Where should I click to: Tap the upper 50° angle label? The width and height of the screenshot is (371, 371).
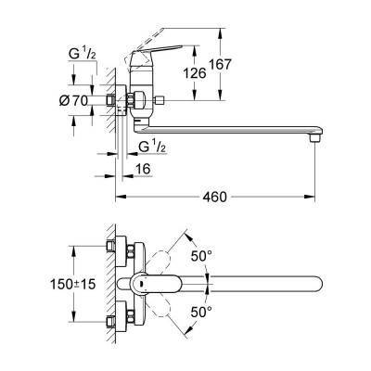[201, 253]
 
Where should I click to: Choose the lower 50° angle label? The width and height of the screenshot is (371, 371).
[201, 314]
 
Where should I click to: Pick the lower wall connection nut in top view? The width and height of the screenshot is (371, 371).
[114, 320]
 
